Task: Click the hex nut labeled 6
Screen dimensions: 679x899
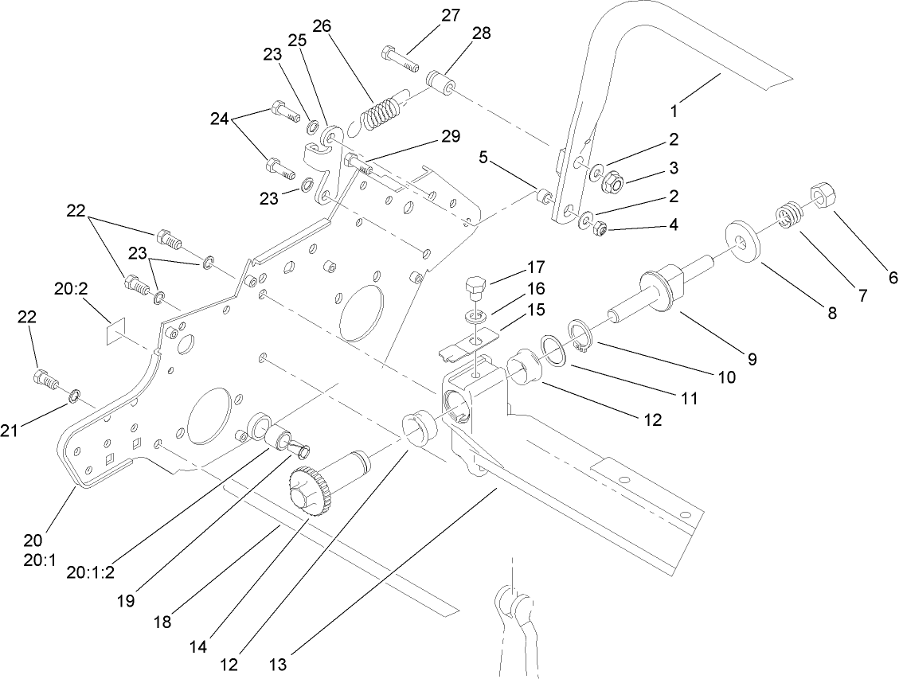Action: pyautogui.click(x=821, y=195)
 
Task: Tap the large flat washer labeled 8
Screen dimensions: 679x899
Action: pyautogui.click(x=745, y=242)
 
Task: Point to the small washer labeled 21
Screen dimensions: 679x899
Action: pyautogui.click(x=74, y=395)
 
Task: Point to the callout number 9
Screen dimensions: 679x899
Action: pyautogui.click(x=750, y=359)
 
